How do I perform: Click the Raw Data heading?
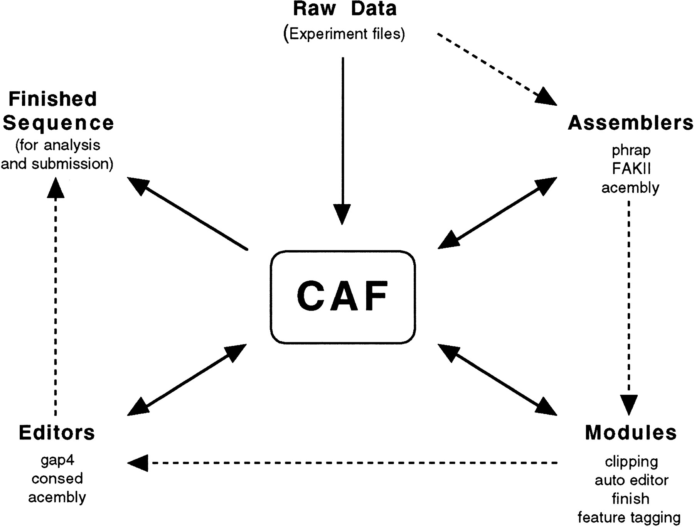click(x=345, y=9)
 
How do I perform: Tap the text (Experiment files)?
click(x=344, y=34)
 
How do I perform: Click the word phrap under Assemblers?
click(x=631, y=150)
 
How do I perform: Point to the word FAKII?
click(x=631, y=169)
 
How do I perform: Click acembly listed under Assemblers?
click(x=630, y=187)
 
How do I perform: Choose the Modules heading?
click(x=631, y=432)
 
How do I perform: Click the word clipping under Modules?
click(x=631, y=461)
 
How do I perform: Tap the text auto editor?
click(x=631, y=480)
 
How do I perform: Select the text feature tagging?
click(x=629, y=517)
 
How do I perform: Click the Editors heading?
click(x=57, y=432)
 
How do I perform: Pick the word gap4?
click(x=57, y=460)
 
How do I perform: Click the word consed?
click(x=57, y=478)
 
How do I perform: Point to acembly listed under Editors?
click(x=57, y=497)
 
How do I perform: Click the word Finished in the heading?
click(x=53, y=99)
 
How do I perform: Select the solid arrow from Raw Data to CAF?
click(x=342, y=139)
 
